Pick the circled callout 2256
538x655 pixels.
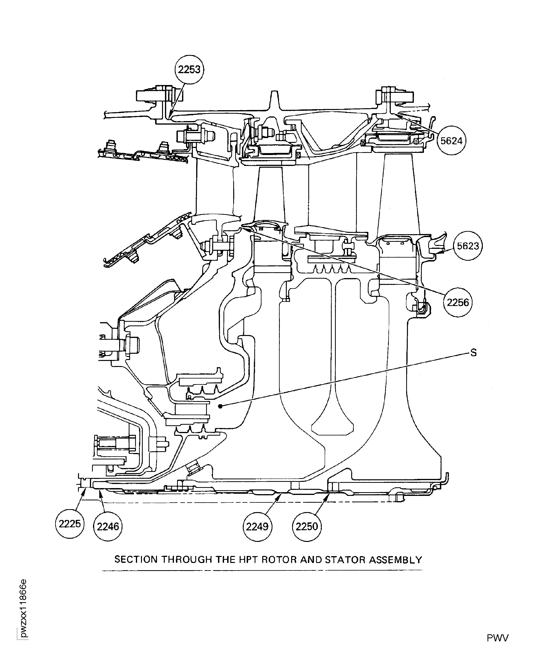(x=458, y=302)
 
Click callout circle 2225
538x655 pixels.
(x=70, y=524)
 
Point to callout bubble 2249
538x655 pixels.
(x=257, y=526)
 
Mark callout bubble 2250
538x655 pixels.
(x=307, y=526)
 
